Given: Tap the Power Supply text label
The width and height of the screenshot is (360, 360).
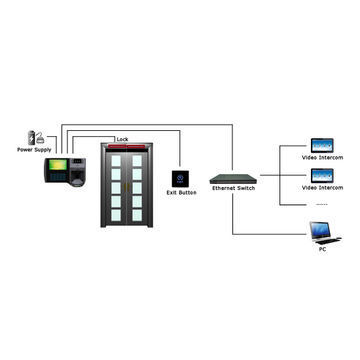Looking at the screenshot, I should point(35,150).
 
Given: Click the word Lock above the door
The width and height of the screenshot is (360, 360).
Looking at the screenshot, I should point(122,139).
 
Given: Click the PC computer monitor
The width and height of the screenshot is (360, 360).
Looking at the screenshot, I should point(321,231).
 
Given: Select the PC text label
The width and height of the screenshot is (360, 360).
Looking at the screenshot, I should point(321,249).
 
